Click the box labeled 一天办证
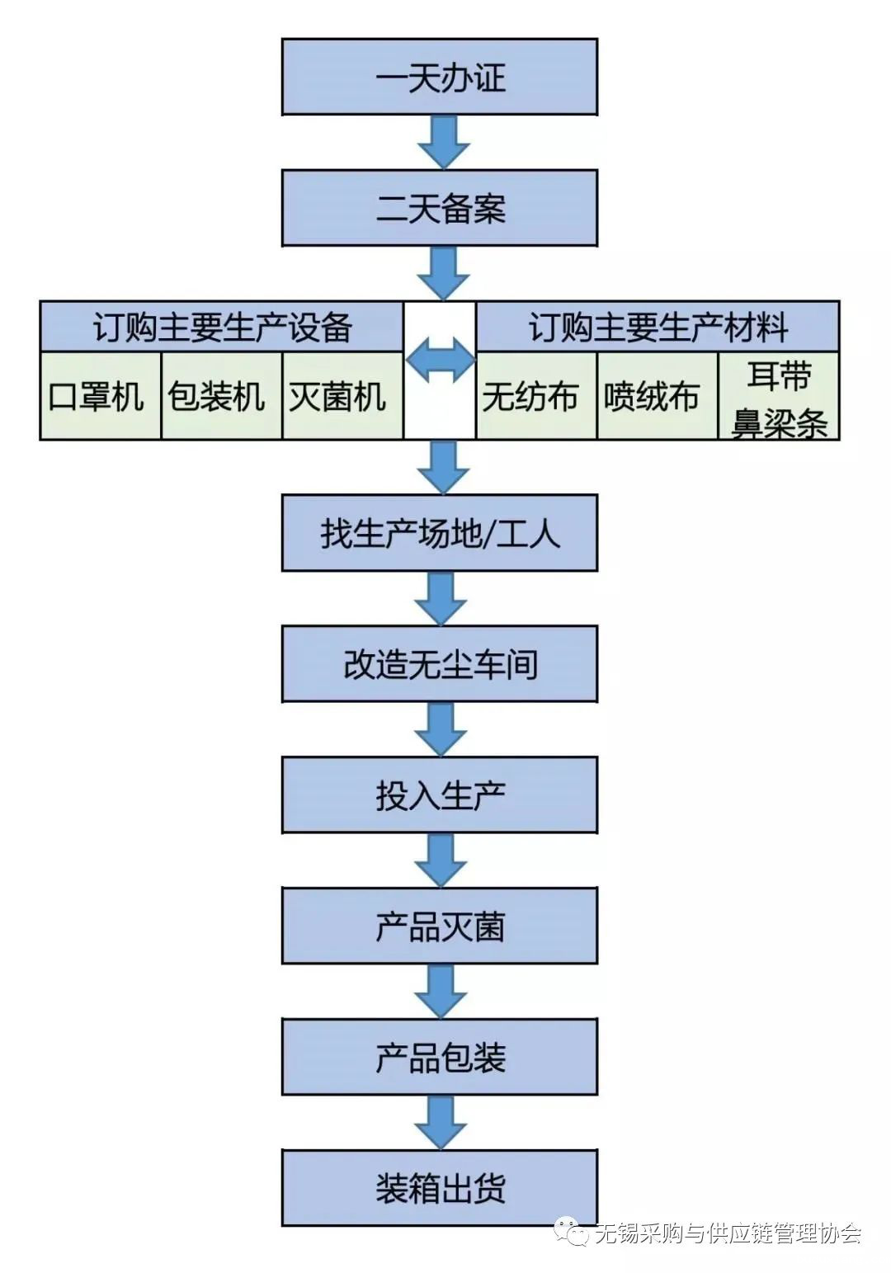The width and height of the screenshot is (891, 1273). (439, 77)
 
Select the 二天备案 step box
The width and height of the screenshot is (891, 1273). (439, 208)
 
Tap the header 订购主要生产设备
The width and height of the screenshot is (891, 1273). (222, 327)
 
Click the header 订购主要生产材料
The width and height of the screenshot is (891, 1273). (658, 327)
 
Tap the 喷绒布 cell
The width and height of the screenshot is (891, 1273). (657, 396)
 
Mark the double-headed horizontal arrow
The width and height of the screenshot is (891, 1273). (440, 361)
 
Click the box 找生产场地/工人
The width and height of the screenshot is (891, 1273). (439, 533)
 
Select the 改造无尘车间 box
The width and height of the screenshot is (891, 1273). (439, 664)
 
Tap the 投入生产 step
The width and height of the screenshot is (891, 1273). (439, 795)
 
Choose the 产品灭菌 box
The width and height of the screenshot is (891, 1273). (439, 926)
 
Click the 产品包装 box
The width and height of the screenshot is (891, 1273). (439, 1058)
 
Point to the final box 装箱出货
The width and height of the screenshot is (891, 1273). (439, 1189)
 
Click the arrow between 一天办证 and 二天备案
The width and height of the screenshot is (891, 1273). (443, 142)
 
